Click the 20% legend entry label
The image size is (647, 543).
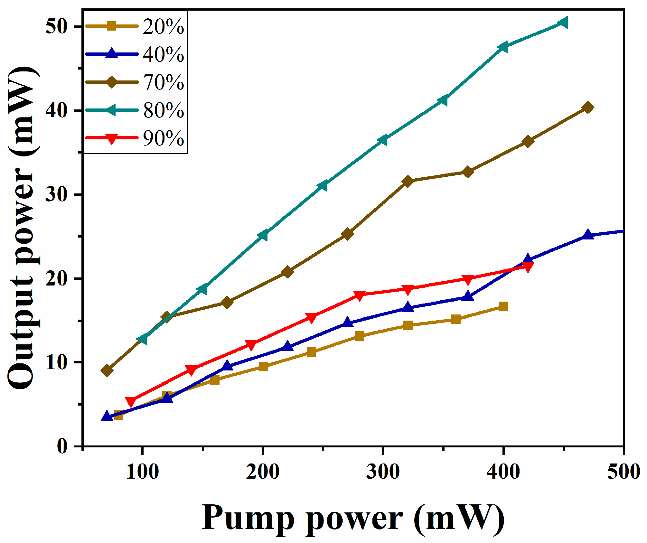[x=163, y=26]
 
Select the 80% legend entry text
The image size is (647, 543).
[x=163, y=110]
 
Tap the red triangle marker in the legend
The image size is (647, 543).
[x=111, y=139]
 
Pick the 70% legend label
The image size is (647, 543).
[x=163, y=82]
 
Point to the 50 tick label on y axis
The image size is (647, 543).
[x=56, y=26]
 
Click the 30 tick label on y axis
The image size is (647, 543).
[x=56, y=194]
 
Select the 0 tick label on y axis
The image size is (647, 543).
[x=62, y=446]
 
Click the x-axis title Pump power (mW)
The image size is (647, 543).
[x=353, y=518]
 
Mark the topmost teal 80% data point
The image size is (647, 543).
[x=563, y=23]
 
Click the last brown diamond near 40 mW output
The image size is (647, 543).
[x=588, y=108]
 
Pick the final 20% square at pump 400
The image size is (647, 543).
[x=503, y=306]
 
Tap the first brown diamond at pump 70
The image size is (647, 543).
[x=107, y=370]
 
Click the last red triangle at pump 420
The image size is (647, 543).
[x=528, y=267]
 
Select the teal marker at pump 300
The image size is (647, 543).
[x=383, y=140]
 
